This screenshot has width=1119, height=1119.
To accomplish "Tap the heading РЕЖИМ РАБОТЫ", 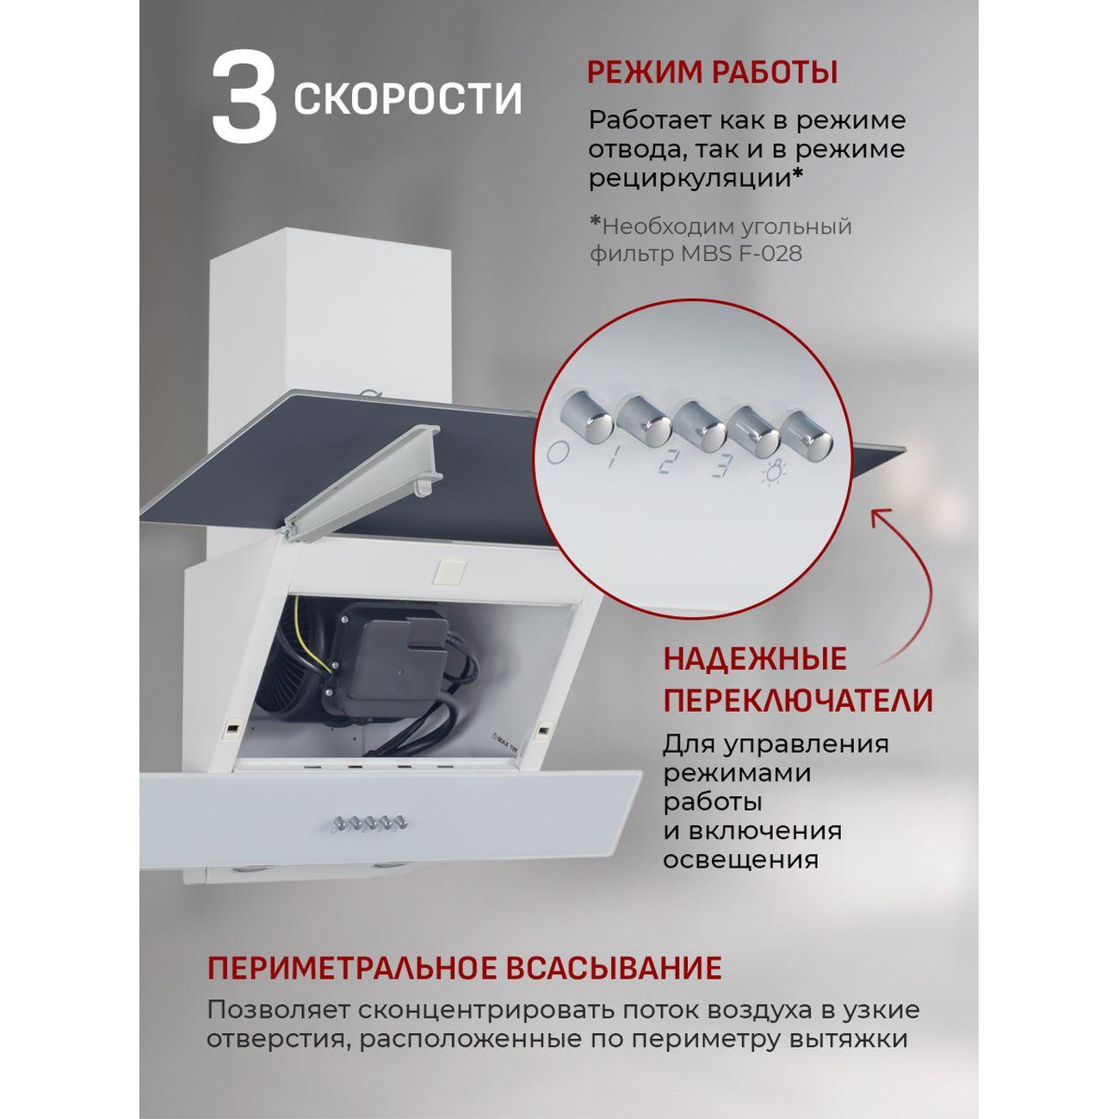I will pos(712,72).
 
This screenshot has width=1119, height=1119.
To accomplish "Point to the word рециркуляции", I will pos(689,178).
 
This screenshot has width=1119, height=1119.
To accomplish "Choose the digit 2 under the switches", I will pos(665,462).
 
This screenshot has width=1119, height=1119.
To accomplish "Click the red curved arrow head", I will pos(880,520).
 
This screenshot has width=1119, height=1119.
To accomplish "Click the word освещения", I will pos(739,860).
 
